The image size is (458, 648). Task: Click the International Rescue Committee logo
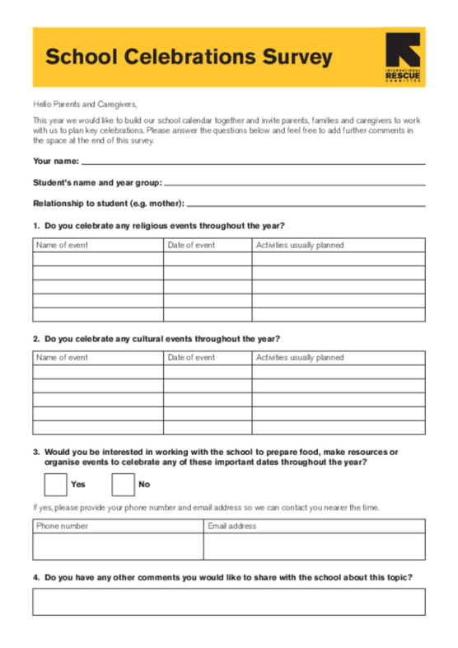(402, 57)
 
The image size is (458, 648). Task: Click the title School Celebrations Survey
(189, 57)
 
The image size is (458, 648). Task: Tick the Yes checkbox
(54, 484)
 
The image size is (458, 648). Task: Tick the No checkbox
(123, 484)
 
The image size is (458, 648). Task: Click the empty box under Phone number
(118, 547)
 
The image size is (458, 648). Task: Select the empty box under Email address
(314, 547)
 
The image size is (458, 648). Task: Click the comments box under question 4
(229, 601)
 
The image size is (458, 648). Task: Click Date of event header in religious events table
(191, 245)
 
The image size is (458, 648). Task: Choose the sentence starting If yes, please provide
(206, 507)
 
